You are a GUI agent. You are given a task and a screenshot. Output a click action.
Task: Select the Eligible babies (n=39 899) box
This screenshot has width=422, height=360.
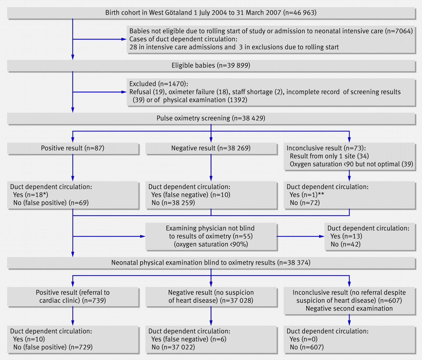click(211, 65)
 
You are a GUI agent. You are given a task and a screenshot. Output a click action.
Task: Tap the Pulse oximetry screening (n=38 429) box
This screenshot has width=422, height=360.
click(211, 118)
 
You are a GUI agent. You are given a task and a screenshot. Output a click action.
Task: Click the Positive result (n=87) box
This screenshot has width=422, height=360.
click(73, 148)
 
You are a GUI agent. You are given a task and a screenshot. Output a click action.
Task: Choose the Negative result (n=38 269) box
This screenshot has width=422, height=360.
click(211, 148)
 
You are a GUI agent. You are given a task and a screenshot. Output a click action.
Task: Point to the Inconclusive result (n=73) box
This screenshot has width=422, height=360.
click(349, 156)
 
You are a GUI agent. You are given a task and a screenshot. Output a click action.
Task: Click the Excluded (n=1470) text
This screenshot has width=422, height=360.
click(159, 84)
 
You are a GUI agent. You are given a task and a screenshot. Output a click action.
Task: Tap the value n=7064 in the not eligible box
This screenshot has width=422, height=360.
click(399, 31)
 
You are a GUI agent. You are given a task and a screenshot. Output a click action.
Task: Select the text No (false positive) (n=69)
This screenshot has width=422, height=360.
click(51, 203)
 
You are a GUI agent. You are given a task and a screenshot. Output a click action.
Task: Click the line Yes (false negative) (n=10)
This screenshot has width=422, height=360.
click(191, 195)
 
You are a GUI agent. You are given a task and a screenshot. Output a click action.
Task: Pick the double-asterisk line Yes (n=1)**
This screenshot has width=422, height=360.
click(307, 195)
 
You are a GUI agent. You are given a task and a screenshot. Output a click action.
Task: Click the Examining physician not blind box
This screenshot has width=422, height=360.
click(211, 236)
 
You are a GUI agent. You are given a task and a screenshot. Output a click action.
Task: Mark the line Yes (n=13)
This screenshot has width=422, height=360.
click(346, 236)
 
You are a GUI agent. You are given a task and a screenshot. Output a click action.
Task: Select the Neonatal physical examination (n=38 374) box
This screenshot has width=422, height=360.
click(211, 263)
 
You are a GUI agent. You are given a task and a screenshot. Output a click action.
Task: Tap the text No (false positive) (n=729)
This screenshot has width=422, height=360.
click(53, 347)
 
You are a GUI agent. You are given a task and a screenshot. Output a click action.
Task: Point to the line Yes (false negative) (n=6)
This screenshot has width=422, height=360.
click(189, 339)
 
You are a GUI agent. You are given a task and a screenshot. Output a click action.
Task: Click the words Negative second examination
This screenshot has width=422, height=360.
click(349, 309)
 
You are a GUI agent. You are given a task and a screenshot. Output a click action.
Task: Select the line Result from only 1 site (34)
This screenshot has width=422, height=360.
click(329, 156)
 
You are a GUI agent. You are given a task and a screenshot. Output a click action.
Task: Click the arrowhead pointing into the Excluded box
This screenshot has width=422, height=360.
click(124, 92)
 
